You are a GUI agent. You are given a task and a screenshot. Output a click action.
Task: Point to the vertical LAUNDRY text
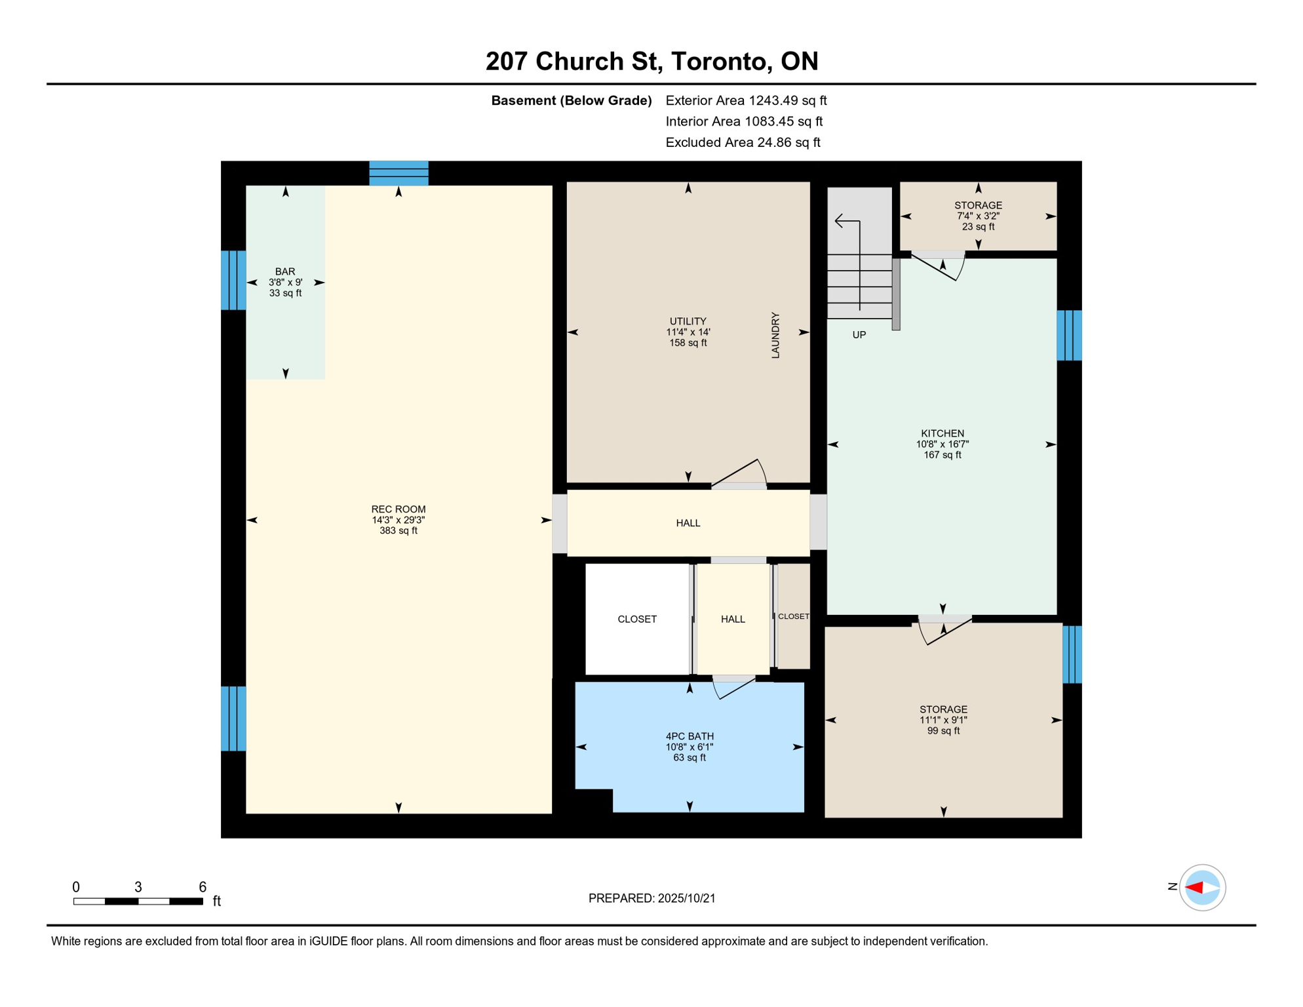[775, 335]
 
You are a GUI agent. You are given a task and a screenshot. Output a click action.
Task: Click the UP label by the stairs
[859, 335]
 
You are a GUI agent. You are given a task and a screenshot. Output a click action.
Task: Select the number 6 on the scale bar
[203, 887]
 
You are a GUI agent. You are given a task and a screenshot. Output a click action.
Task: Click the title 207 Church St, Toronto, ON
[651, 61]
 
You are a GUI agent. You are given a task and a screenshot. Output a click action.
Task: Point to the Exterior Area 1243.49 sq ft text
[746, 100]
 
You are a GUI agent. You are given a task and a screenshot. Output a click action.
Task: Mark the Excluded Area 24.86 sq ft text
[743, 142]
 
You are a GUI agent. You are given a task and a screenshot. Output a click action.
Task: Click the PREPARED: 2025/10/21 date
[651, 898]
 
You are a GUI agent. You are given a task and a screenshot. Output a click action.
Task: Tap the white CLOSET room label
[637, 619]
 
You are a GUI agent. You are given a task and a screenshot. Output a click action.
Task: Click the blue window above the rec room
[399, 173]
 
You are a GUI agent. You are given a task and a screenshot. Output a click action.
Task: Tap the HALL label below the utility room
[688, 523]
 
